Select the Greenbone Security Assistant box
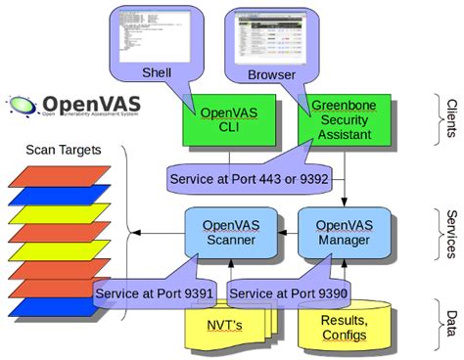[x=338, y=116]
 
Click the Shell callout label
[x=158, y=72]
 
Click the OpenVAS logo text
[x=94, y=103]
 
